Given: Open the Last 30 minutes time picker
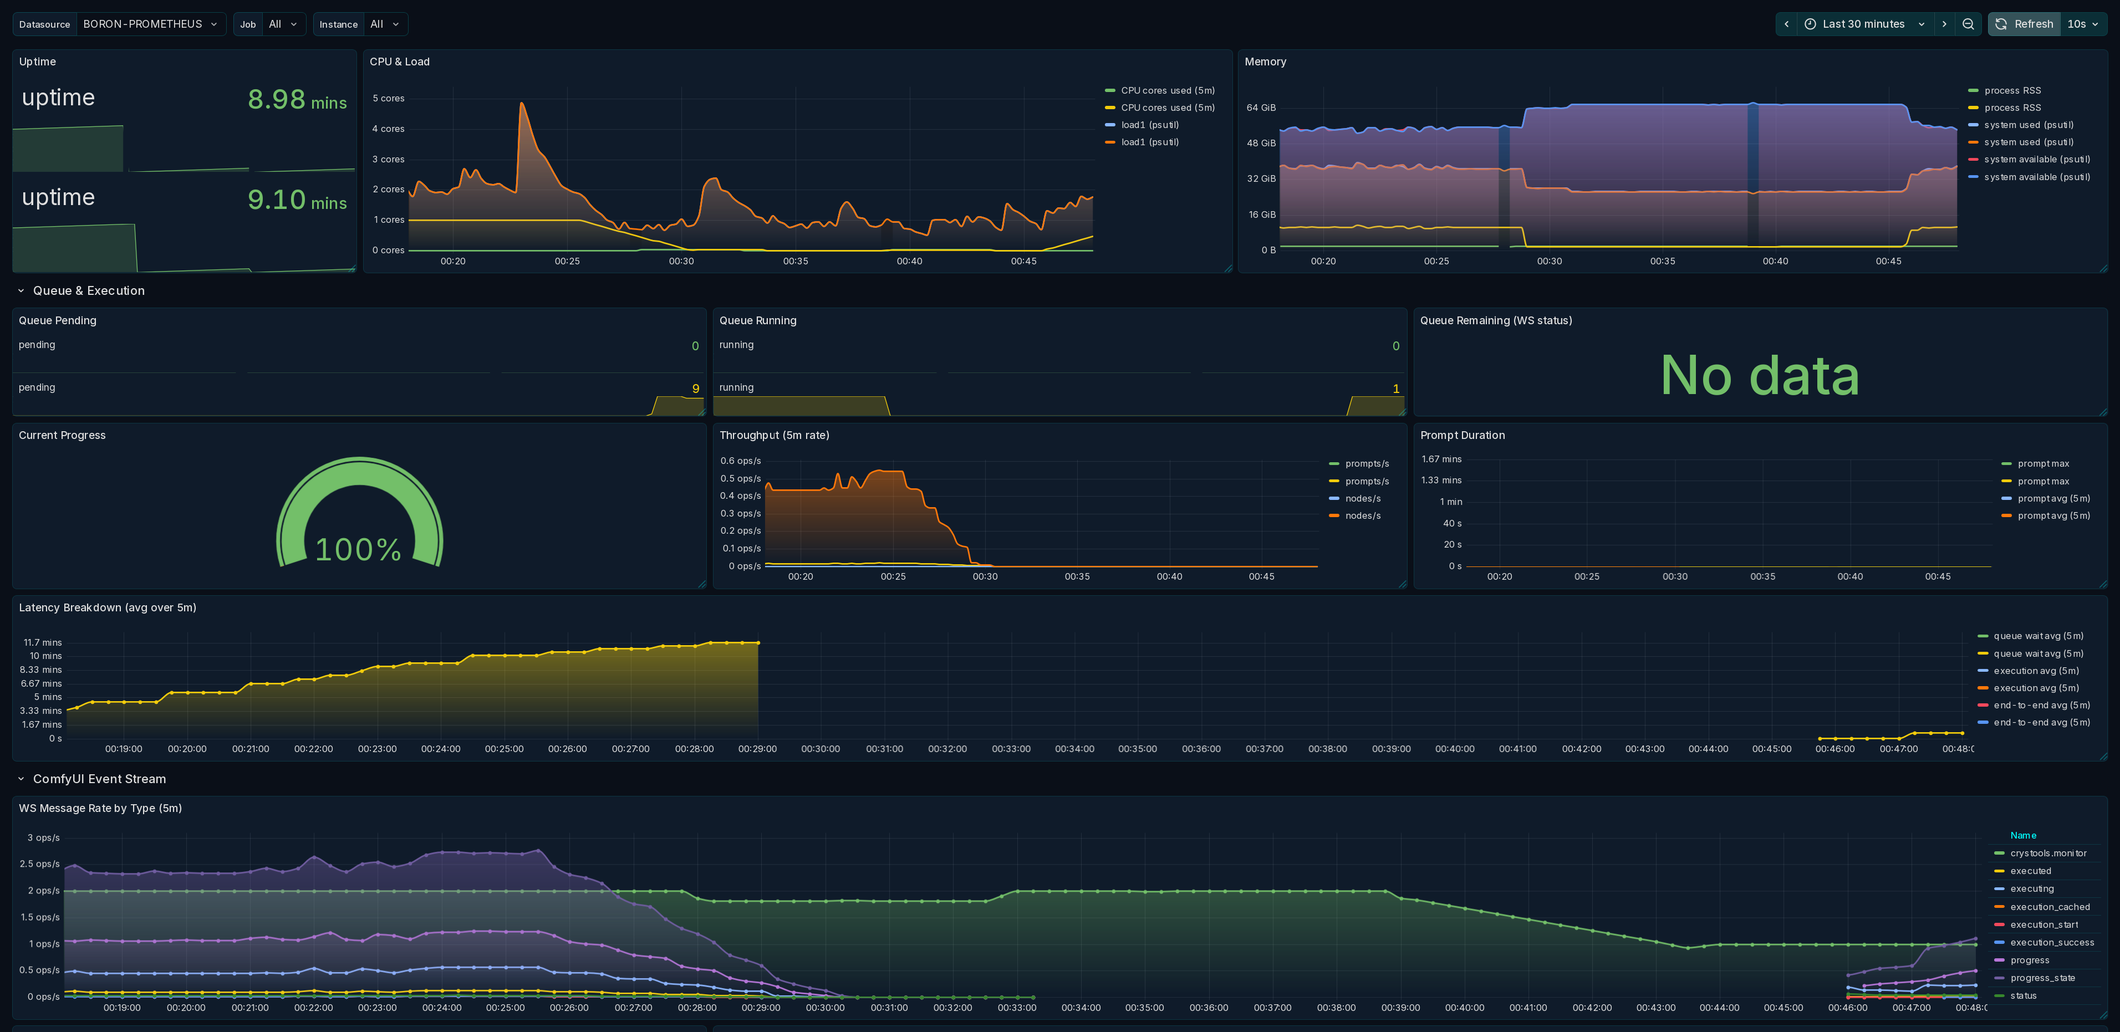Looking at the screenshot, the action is (x=1863, y=24).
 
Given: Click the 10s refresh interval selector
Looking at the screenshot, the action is (x=2083, y=24).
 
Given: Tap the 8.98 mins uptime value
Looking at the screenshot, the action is (x=297, y=100).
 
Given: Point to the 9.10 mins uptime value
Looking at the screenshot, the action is (x=297, y=200).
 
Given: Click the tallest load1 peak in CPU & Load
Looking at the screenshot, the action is (x=522, y=103).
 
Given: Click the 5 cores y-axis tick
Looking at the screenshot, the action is (x=389, y=98).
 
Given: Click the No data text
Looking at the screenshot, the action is (x=1760, y=375).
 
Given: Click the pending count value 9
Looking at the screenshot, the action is (x=695, y=389).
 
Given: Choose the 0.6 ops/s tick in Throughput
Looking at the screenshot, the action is (x=741, y=461).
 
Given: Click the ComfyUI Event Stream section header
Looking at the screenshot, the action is (x=99, y=779).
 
